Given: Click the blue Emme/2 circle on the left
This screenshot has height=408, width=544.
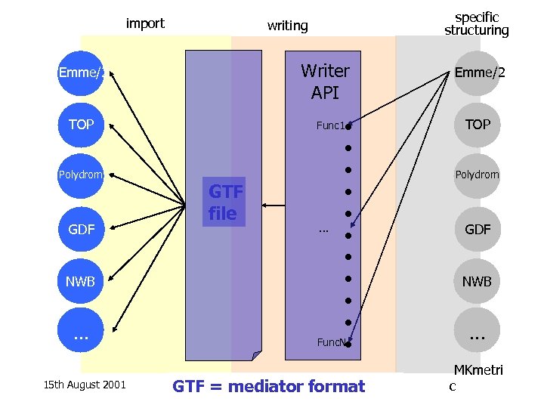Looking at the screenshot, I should click(82, 73).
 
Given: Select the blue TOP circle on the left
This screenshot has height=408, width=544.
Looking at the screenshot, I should click(81, 125).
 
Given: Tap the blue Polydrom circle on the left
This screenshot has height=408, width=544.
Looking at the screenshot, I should click(81, 175).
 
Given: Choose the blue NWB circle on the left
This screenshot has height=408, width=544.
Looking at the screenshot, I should click(81, 281).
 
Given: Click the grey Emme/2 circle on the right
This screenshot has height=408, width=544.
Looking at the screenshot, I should click(478, 73).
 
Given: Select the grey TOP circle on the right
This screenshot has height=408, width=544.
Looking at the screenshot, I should click(478, 125).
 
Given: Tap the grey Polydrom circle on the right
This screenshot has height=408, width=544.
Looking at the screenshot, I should click(478, 175).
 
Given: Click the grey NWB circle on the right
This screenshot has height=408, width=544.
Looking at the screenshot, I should click(478, 281).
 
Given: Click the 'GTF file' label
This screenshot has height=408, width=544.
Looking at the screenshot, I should click(224, 203).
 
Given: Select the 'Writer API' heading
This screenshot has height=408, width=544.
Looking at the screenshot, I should click(325, 82).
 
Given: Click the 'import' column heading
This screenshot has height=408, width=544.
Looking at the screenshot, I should click(145, 23).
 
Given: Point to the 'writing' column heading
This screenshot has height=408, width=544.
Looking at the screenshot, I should click(288, 26).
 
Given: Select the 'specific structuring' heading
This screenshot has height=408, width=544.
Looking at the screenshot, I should click(477, 24).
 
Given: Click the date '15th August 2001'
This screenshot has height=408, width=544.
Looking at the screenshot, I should click(84, 385).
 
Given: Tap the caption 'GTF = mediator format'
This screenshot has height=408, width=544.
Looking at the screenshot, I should click(268, 386).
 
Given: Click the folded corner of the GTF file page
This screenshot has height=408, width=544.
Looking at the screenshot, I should click(256, 355).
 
